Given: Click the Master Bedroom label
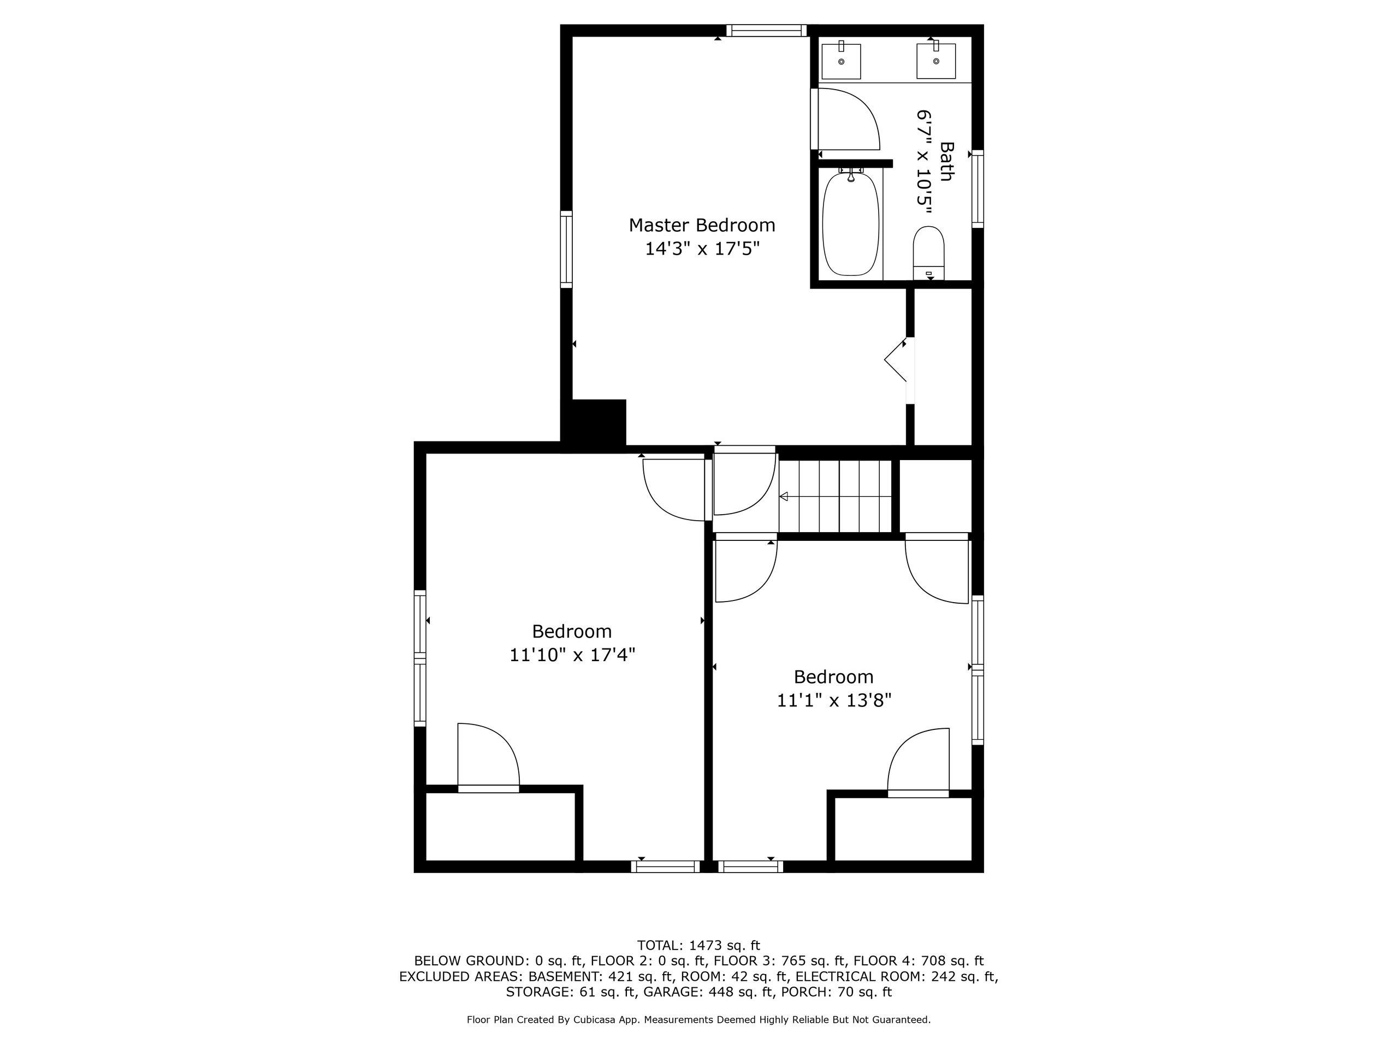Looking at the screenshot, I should [702, 225].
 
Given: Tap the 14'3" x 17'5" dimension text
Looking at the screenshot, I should [702, 249].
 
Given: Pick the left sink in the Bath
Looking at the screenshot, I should [840, 61].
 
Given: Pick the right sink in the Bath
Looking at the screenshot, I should [936, 60].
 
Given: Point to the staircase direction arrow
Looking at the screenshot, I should [784, 496].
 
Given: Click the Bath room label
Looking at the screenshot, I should [946, 161].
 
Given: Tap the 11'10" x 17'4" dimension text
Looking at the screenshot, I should [572, 655].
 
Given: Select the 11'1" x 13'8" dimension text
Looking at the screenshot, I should [834, 700].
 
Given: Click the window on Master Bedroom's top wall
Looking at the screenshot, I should [766, 31].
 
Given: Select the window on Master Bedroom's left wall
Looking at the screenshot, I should [566, 249].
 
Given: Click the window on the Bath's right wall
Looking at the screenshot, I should [977, 189].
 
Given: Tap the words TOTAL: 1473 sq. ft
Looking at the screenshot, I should [698, 946].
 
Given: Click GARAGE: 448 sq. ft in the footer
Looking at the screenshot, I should [708, 992].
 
